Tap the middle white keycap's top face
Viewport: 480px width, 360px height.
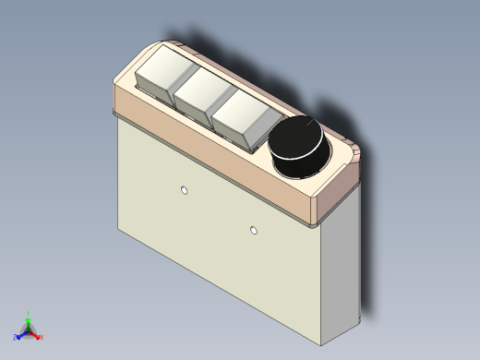[204, 86]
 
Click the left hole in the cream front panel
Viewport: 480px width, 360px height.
[185, 190]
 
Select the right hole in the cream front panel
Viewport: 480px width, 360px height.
[254, 229]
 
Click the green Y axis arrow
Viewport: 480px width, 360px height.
[28, 319]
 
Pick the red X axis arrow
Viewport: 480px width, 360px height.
[36, 334]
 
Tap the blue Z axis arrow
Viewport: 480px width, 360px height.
[19, 333]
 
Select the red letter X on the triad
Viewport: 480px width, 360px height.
[42, 337]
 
